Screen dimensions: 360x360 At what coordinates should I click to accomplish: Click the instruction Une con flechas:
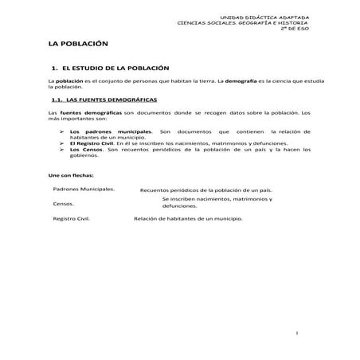point(71,174)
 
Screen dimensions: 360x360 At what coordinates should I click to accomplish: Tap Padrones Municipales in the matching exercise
point(84,189)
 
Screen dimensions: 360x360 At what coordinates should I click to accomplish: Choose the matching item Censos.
point(65,204)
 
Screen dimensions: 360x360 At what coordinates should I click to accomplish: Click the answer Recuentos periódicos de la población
point(205,190)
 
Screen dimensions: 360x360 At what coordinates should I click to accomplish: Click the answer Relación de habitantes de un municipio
point(188,218)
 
